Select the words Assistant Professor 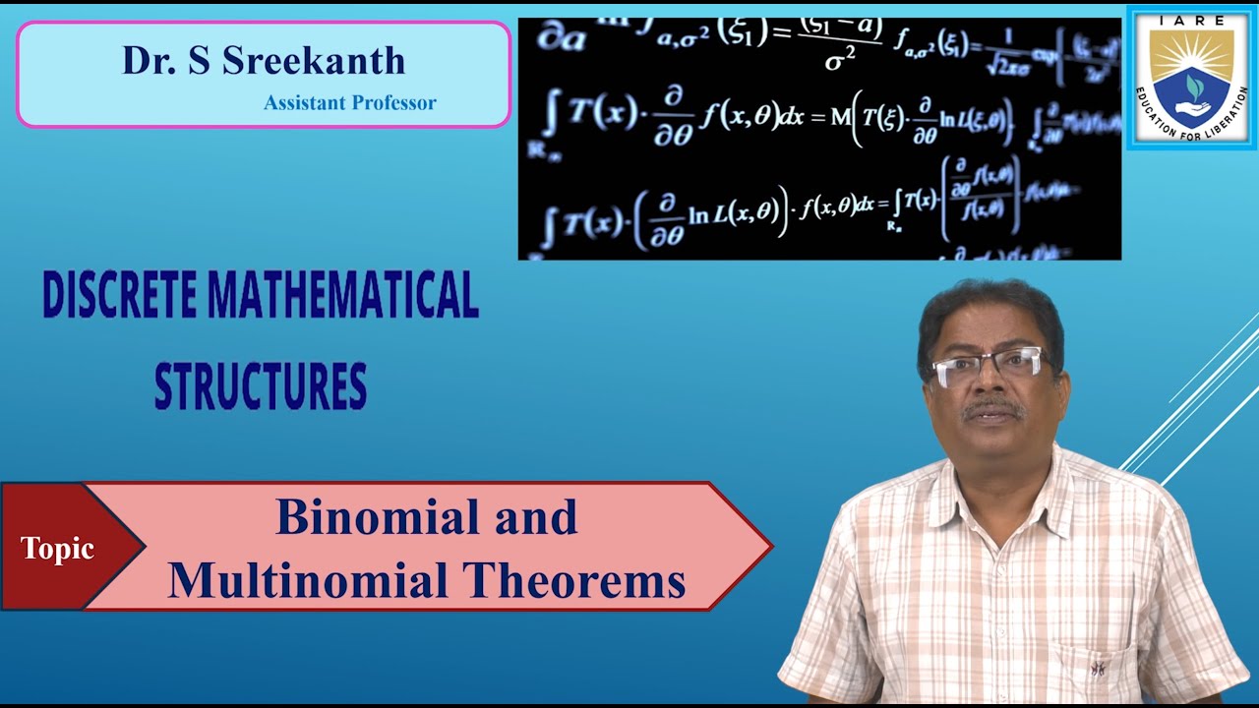tap(349, 102)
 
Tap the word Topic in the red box tap(57, 549)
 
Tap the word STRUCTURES tap(261, 386)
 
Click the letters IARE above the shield tap(1191, 20)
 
